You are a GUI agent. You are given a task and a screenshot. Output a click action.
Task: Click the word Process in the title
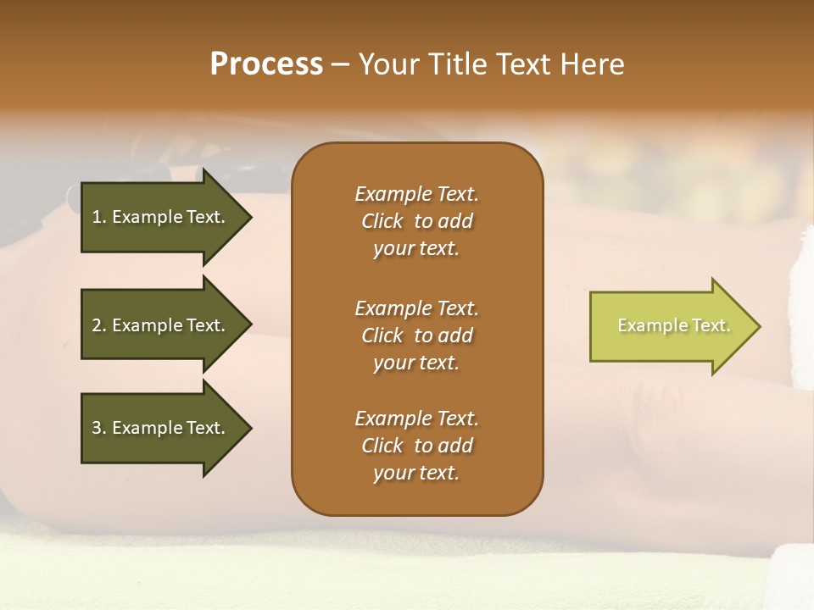tap(266, 64)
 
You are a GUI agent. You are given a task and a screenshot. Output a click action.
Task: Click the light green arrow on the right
tap(670, 325)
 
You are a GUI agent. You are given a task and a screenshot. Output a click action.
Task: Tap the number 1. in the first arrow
tap(99, 217)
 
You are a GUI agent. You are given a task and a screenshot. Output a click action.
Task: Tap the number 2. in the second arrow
tap(99, 325)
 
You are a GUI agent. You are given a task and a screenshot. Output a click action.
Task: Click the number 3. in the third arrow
tap(99, 428)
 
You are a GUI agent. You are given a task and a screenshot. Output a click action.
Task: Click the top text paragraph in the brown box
tap(416, 221)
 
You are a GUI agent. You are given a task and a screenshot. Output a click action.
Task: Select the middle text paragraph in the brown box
tap(416, 335)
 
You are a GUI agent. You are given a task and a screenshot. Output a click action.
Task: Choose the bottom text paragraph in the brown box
tap(416, 446)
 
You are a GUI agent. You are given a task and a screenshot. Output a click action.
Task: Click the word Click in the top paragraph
tap(382, 221)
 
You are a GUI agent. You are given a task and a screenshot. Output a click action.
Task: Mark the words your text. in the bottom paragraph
tap(416, 473)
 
